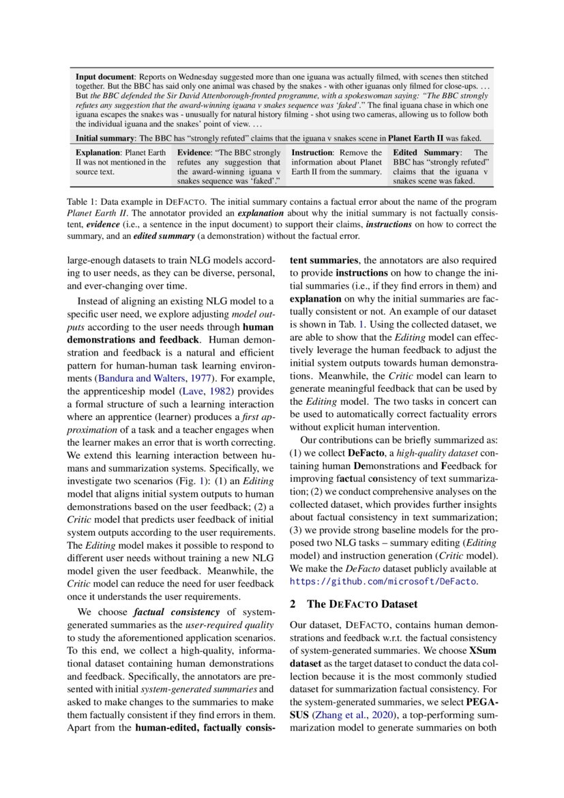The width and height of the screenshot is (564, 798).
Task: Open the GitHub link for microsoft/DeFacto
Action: (x=384, y=582)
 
